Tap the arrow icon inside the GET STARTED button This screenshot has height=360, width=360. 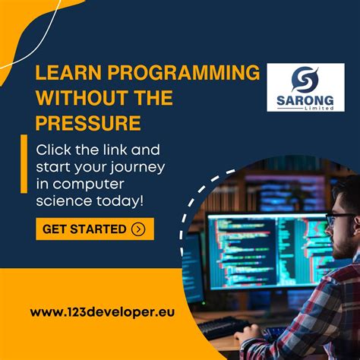[x=137, y=229]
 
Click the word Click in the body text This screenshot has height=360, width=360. [x=54, y=150]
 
